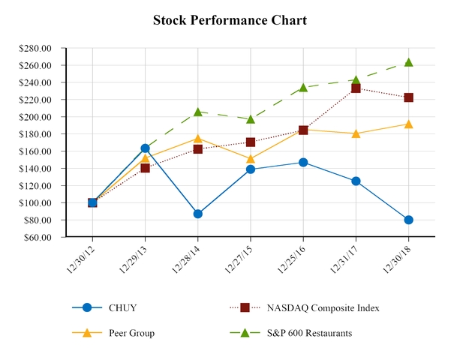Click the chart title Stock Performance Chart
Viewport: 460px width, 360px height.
[230, 20]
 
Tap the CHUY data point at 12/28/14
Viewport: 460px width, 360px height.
[197, 214]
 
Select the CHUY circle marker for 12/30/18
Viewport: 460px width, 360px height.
[408, 220]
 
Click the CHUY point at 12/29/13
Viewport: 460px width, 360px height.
[145, 148]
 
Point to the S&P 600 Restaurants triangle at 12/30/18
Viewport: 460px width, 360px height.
[408, 62]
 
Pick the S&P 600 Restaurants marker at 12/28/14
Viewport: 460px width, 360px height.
[197, 112]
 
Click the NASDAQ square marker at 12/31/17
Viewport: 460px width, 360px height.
[356, 88]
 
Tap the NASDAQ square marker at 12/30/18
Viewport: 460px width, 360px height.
[408, 97]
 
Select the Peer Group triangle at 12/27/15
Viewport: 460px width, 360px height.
[250, 158]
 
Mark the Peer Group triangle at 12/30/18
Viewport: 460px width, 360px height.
[408, 124]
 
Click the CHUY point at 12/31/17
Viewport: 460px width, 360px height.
[356, 181]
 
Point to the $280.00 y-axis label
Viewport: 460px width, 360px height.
[35, 48]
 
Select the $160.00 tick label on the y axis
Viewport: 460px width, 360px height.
[35, 151]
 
